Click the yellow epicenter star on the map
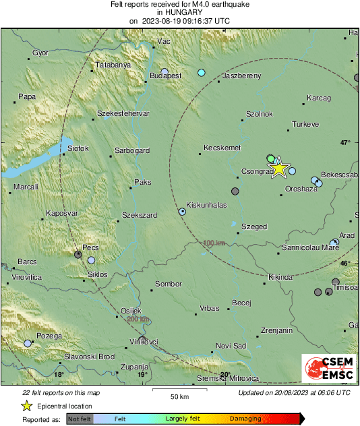click(279, 169)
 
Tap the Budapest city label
click(166, 76)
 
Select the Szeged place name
click(254, 227)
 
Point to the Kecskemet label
click(222, 147)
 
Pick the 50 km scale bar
click(179, 390)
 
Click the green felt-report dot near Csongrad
click(271, 158)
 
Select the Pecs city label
click(90, 247)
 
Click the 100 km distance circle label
click(214, 243)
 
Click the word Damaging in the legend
click(245, 419)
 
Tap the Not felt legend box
click(80, 419)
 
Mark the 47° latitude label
click(345, 142)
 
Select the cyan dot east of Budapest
click(201, 72)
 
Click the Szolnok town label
click(260, 114)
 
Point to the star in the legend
click(26, 406)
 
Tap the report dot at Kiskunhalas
click(182, 212)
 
